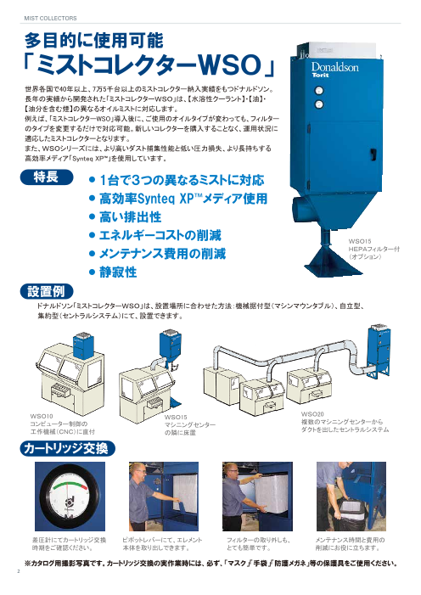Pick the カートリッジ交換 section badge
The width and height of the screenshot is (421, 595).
(67, 447)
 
